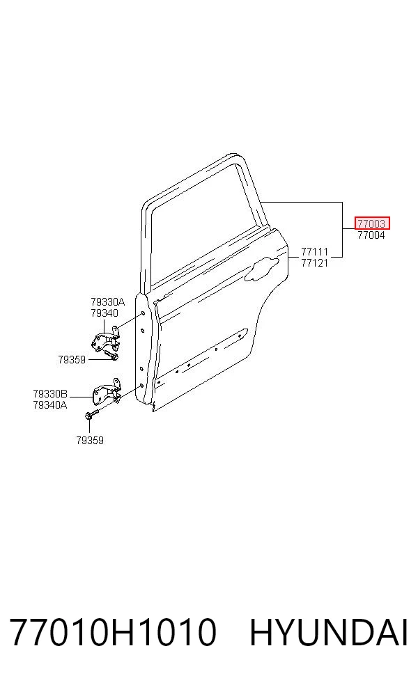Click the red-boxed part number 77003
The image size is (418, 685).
371,223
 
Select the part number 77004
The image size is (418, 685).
371,235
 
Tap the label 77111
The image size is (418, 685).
314,252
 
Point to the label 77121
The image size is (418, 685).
314,263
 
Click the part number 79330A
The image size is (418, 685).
107,302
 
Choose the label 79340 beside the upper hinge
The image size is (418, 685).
104,313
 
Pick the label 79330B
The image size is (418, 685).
50,394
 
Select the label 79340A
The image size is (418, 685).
50,405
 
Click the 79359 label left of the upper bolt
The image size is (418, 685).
72,359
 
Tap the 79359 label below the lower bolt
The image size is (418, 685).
90,441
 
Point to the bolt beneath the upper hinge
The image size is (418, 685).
111,356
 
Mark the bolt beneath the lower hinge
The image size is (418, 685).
91,413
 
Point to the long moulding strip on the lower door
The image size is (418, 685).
201,358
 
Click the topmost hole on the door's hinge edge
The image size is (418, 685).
143,314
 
